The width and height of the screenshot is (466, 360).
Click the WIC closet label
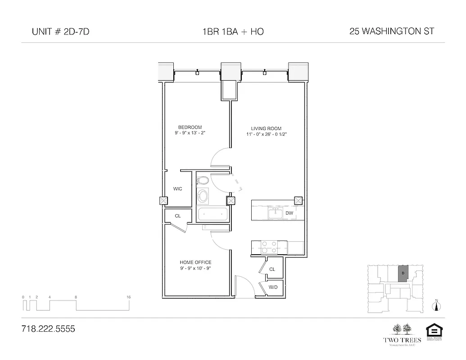[178, 189]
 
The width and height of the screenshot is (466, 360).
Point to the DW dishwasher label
[289, 213]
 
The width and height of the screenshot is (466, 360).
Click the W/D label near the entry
[273, 287]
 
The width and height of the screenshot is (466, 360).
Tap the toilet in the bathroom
[202, 181]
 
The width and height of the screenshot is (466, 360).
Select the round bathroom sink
[204, 197]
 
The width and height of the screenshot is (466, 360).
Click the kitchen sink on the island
[274, 212]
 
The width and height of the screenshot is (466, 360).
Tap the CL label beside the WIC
[178, 216]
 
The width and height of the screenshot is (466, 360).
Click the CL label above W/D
[272, 269]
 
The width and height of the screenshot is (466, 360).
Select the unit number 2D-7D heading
[57, 31]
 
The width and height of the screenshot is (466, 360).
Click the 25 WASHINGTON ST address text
[392, 31]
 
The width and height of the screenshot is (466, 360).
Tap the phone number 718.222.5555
[48, 329]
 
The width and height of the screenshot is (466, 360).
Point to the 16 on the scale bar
[129, 297]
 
